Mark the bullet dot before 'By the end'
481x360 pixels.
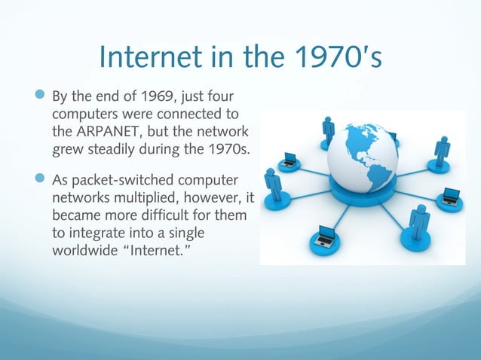coord(39,98)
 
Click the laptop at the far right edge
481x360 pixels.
coord(451,197)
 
